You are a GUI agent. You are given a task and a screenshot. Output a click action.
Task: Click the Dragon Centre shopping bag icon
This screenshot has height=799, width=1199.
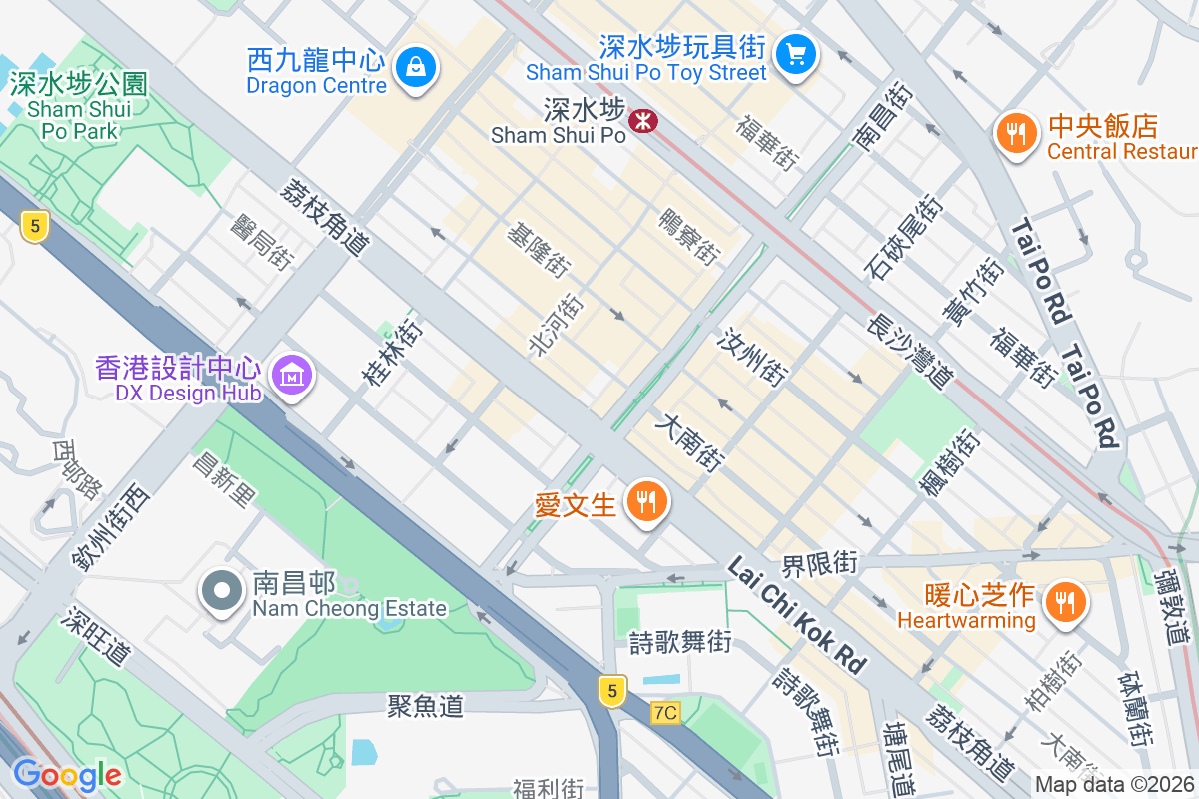(x=413, y=68)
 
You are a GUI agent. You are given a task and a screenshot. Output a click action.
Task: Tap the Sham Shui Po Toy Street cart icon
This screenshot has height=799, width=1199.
(x=796, y=53)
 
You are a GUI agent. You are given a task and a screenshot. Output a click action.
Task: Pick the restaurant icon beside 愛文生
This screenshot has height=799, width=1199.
(x=646, y=502)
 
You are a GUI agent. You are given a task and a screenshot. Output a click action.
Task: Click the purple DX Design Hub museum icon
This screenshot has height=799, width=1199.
(x=293, y=377)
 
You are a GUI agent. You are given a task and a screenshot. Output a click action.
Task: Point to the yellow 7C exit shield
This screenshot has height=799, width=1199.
(x=665, y=713)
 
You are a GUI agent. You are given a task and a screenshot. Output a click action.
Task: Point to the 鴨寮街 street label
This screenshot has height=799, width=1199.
(x=688, y=236)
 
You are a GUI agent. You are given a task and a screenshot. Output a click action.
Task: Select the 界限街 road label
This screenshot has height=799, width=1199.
(x=820, y=563)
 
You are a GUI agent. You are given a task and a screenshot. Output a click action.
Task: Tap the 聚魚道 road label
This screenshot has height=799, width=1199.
(x=426, y=706)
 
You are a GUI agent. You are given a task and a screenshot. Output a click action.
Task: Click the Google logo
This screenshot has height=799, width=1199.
(x=67, y=774)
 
